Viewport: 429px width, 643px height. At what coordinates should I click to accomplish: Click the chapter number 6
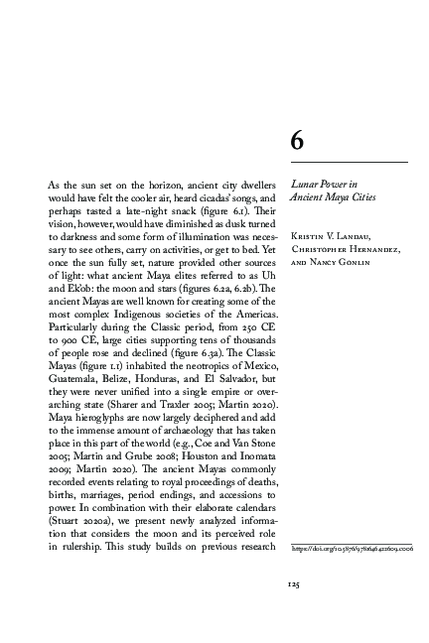(296, 142)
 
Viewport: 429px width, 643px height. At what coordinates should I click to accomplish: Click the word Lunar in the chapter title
(302, 184)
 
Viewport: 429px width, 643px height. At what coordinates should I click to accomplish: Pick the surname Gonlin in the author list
(355, 264)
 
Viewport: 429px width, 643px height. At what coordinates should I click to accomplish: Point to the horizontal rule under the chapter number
(349, 161)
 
